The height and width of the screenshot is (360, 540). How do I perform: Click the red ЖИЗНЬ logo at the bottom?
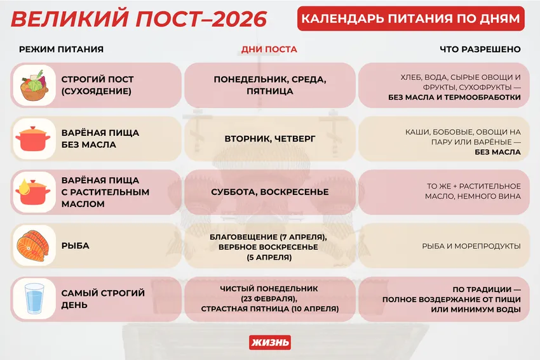pyautogui.click(x=270, y=342)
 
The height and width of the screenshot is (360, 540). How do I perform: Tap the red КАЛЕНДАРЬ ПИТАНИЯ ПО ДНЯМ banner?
pyautogui.click(x=410, y=19)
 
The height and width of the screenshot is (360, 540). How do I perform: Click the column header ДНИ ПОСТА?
pyautogui.click(x=269, y=50)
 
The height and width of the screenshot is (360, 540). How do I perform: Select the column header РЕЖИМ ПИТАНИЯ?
pyautogui.click(x=61, y=50)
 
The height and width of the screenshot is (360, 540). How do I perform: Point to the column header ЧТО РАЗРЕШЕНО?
pyautogui.click(x=480, y=50)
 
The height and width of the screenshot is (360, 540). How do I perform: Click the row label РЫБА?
pyautogui.click(x=75, y=246)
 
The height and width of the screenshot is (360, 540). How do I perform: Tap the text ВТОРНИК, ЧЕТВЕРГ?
pyautogui.click(x=269, y=138)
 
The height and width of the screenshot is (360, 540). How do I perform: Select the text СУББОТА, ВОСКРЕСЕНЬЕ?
pyautogui.click(x=269, y=192)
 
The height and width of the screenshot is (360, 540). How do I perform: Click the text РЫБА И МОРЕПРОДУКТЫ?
pyautogui.click(x=471, y=246)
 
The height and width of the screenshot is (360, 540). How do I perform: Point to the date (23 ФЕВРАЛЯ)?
pyautogui.click(x=269, y=298)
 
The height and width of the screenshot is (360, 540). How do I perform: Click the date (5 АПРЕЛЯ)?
pyautogui.click(x=269, y=257)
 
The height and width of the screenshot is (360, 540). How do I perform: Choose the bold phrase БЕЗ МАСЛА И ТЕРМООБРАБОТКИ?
pyautogui.click(x=454, y=98)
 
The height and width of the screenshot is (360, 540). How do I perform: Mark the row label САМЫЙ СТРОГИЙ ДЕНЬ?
pyautogui.click(x=103, y=298)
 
